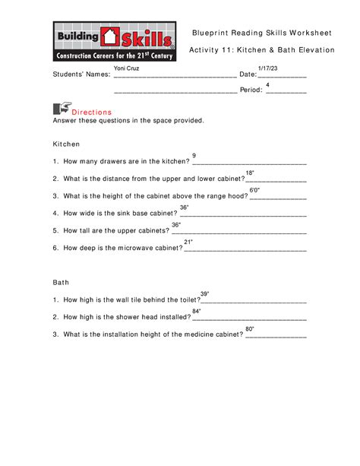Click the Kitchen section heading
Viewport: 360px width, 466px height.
(x=66, y=144)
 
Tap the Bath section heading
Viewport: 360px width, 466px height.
(x=60, y=282)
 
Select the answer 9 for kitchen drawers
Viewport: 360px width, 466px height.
(x=194, y=155)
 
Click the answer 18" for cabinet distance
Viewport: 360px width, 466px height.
(x=250, y=173)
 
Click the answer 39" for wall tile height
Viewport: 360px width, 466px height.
(x=204, y=293)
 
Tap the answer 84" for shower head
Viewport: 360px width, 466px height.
(x=196, y=311)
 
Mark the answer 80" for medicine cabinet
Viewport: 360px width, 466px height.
(x=250, y=328)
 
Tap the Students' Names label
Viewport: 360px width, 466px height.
(x=81, y=74)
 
